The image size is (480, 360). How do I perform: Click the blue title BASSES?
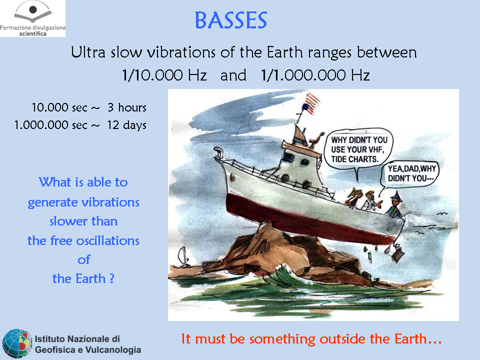pyautogui.click(x=231, y=20)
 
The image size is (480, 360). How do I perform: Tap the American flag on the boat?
pyautogui.click(x=310, y=103)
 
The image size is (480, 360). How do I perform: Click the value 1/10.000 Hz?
pyautogui.click(x=164, y=75)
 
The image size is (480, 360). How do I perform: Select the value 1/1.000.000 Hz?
pyautogui.click(x=315, y=75)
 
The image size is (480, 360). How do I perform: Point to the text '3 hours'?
pyautogui.click(x=127, y=107)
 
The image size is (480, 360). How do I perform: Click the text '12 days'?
pyautogui.click(x=126, y=125)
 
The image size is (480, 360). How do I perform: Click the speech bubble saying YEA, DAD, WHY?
pyautogui.click(x=410, y=173)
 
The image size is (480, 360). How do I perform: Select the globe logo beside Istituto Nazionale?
pyautogui.click(x=17, y=343)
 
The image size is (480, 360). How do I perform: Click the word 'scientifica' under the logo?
pyautogui.click(x=33, y=33)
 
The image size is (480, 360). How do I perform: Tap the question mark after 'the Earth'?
pyautogui.click(x=111, y=278)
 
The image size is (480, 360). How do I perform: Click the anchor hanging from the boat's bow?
pyautogui.click(x=397, y=251)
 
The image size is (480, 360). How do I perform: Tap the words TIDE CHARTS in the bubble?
pyautogui.click(x=355, y=159)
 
